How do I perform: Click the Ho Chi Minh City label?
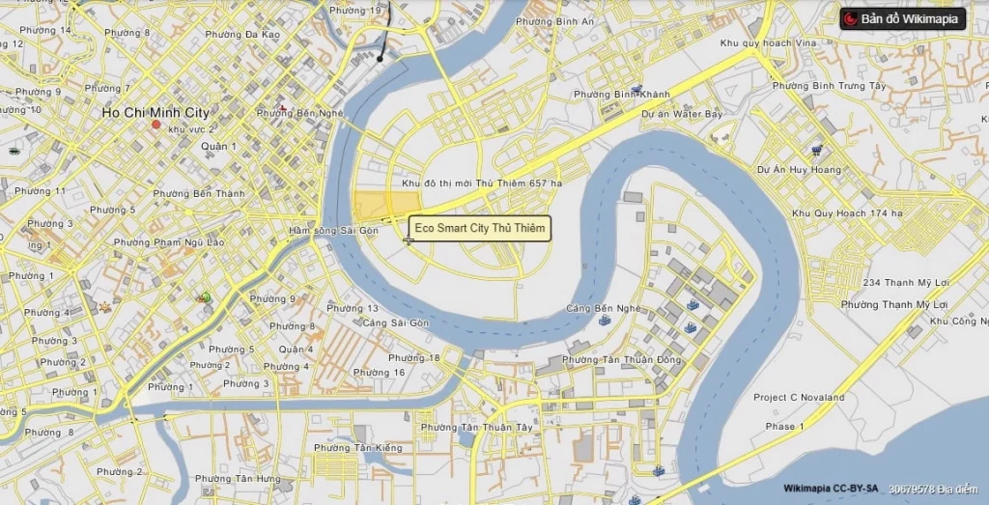pos(155,113)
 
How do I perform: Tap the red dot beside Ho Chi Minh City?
pos(155,126)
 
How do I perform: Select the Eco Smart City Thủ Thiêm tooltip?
pos(479,229)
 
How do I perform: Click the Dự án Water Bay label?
pos(682,114)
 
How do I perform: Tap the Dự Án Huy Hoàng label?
pos(799,169)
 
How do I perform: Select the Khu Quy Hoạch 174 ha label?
pos(847,213)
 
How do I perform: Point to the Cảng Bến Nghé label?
pos(604,309)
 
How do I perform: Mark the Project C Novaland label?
pos(799,398)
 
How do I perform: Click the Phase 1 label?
pos(779,426)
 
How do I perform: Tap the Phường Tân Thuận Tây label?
pos(476,427)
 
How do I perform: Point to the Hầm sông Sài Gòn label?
pos(333,231)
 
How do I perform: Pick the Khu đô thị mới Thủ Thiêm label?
pos(481,183)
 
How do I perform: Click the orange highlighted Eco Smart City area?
pos(382,207)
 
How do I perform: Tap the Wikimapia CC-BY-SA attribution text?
pos(831,490)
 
